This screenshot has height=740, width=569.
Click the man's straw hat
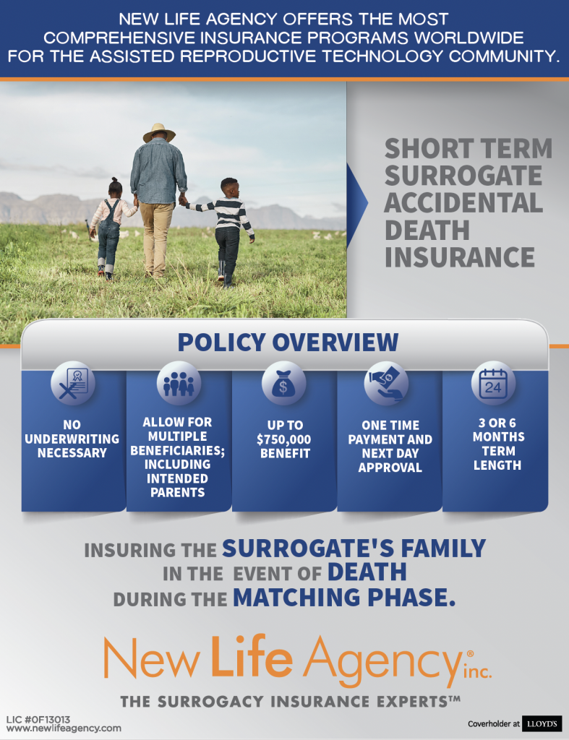pyautogui.click(x=159, y=132)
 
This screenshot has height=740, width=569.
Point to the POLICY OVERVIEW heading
pyautogui.click(x=288, y=342)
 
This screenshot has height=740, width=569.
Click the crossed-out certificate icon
pyautogui.click(x=73, y=382)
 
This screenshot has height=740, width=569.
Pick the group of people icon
pyautogui.click(x=179, y=382)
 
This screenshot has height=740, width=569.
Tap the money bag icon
pyautogui.click(x=284, y=382)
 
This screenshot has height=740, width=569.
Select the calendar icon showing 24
pyautogui.click(x=493, y=382)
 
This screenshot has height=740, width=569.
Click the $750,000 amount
pyautogui.click(x=285, y=439)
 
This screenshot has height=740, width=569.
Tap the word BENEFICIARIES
pyautogui.click(x=179, y=450)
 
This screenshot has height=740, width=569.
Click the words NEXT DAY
pyautogui.click(x=390, y=453)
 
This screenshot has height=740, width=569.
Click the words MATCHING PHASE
pyautogui.click(x=344, y=598)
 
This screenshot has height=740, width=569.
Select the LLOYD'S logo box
pyautogui.click(x=536, y=723)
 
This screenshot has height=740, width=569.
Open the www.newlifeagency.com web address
pyautogui.click(x=64, y=728)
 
